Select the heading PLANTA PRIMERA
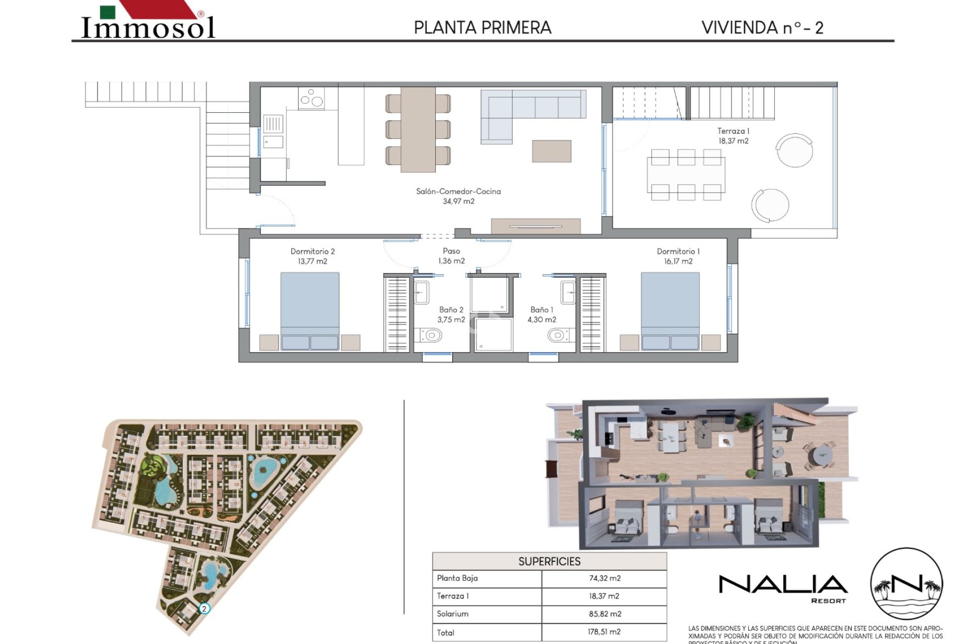click(x=482, y=28)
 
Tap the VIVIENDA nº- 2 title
click(x=762, y=28)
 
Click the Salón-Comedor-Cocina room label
click(x=458, y=196)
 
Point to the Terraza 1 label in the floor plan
click(x=733, y=136)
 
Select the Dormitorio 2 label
click(x=312, y=256)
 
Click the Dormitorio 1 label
click(x=678, y=256)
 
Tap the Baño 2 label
click(x=451, y=314)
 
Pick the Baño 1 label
click(x=541, y=314)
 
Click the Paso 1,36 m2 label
click(x=451, y=256)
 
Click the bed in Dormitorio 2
click(x=309, y=311)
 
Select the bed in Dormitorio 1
click(x=670, y=311)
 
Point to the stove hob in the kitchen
click(x=311, y=99)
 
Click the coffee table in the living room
click(x=551, y=151)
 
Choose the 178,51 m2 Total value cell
click(x=604, y=632)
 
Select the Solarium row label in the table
click(x=453, y=614)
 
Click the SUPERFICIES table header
click(x=549, y=561)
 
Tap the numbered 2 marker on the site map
click(x=204, y=609)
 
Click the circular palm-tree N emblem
click(x=906, y=584)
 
